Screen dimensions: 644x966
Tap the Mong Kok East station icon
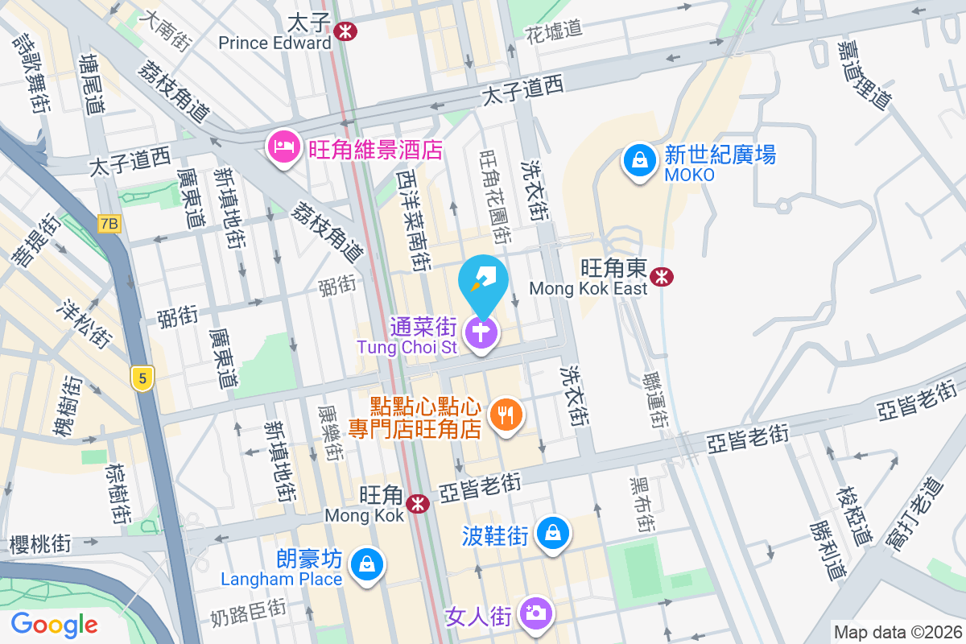pos(663,277)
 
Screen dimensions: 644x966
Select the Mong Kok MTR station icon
pos(417,504)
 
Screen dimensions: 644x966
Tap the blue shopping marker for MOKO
pos(639,160)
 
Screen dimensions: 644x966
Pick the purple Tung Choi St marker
pos(482,331)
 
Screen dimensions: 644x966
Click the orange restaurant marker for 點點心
pos(506,415)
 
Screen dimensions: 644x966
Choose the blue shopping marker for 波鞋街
pos(553,533)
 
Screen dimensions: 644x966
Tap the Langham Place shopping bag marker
pos(367,564)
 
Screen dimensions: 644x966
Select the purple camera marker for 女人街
pos(535,613)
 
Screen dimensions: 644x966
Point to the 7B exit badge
pos(109,224)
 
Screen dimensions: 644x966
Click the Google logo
pos(54,624)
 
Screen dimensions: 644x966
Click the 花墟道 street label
pos(553,31)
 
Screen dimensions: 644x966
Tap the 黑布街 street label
pos(641,503)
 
